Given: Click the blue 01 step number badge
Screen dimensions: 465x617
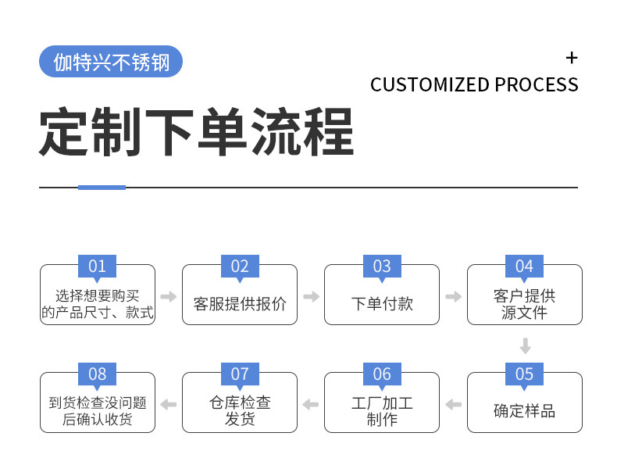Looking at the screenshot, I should [x=97, y=266].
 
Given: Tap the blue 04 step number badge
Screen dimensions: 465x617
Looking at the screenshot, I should [x=524, y=266].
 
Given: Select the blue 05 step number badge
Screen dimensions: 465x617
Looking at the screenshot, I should [x=524, y=374].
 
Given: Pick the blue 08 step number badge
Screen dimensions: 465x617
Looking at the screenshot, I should [x=97, y=374].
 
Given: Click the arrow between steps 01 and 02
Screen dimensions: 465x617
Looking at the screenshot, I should [x=168, y=297].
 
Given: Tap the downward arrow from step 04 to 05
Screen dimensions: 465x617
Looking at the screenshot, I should [x=525, y=346].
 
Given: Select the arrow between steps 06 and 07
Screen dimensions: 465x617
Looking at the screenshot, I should [x=311, y=404].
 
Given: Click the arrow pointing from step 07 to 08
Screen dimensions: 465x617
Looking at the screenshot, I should [x=168, y=404].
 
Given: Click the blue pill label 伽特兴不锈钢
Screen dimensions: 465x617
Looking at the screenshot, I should [x=110, y=62].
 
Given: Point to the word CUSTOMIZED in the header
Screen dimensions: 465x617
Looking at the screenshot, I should [x=430, y=84].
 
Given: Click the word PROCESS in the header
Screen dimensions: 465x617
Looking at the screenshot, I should [x=537, y=84].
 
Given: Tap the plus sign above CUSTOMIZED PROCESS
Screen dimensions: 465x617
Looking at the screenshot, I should [x=572, y=58].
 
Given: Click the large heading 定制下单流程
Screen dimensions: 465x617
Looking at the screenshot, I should [x=196, y=132].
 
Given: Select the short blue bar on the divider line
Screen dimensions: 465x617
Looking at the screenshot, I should [x=102, y=188].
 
